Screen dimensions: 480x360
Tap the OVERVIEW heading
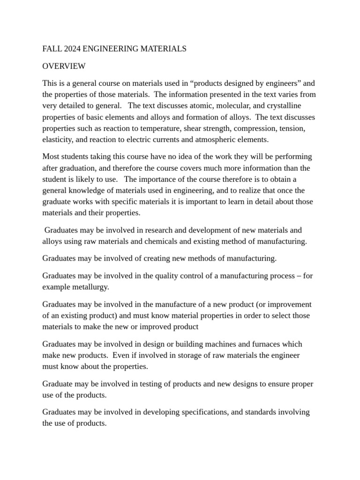64,66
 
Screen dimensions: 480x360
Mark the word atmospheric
215,139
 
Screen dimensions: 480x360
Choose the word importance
160,179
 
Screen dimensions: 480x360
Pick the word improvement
287,304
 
